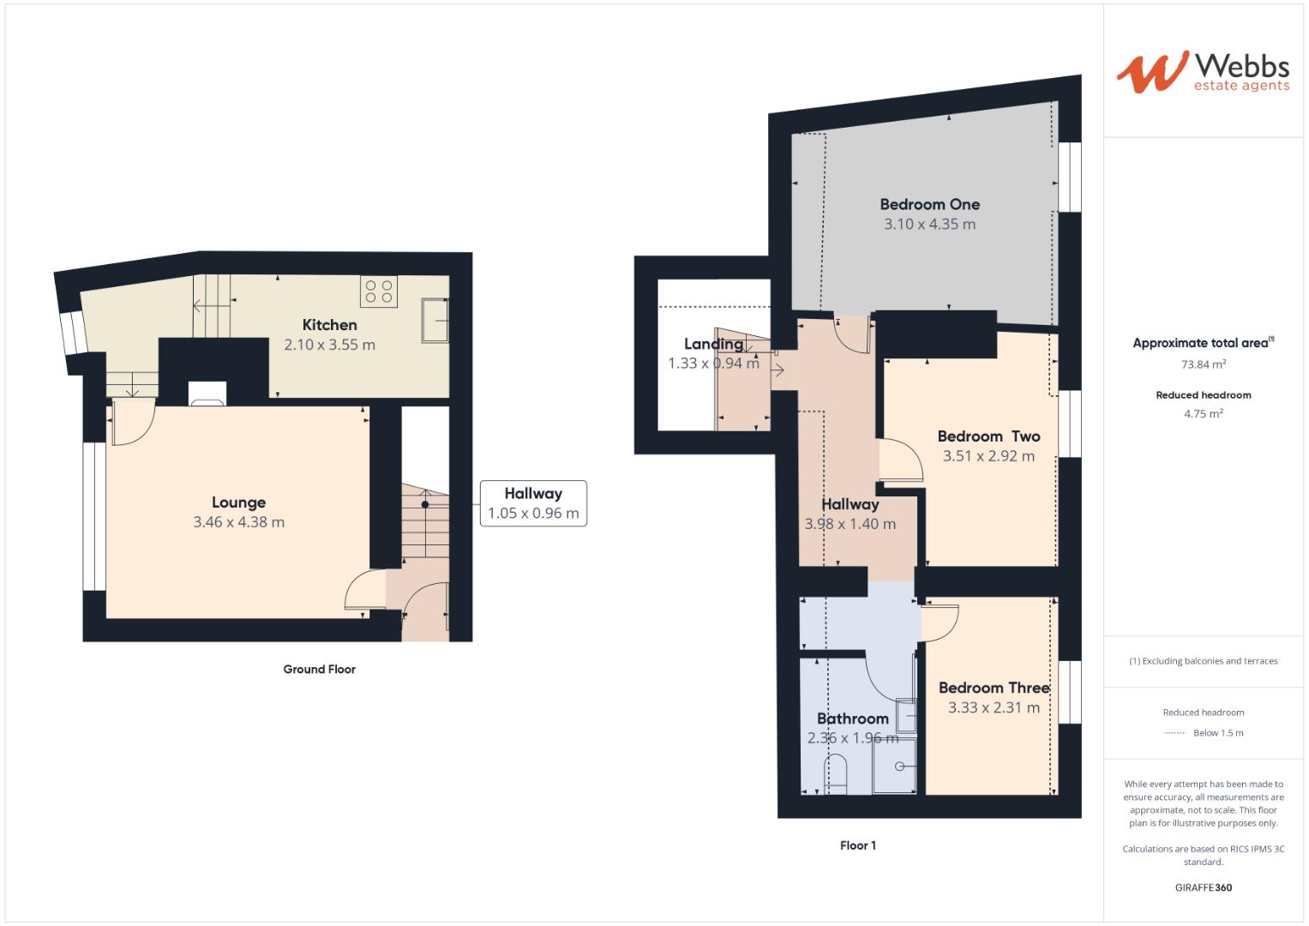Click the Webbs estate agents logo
1202,72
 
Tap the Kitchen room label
330,325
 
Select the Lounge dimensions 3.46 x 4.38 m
239,522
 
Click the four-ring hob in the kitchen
379,292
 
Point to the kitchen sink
435,320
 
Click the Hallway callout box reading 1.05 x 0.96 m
533,503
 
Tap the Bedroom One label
929,205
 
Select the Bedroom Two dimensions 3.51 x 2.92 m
988,456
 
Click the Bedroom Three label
994,688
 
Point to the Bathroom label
852,719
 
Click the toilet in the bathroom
836,772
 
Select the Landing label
713,344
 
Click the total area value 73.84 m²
1204,364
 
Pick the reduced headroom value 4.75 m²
1204,413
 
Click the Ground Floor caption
319,670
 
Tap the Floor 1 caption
858,845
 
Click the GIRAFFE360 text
1204,887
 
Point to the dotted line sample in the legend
1174,733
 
